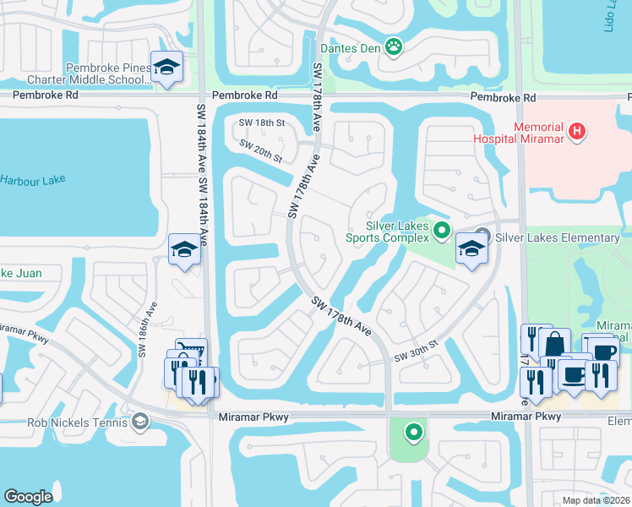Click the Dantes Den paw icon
pyautogui.click(x=394, y=46)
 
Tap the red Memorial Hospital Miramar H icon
pyautogui.click(x=577, y=131)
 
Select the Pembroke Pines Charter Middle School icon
pyautogui.click(x=167, y=67)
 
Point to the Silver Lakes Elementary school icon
pyautogui.click(x=471, y=248)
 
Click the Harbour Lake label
pyautogui.click(x=32, y=180)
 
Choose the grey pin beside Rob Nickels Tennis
pyautogui.click(x=140, y=421)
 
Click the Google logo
pyautogui.click(x=28, y=497)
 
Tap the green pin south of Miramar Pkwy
pyautogui.click(x=413, y=433)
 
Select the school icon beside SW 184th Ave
pyautogui.click(x=183, y=249)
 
